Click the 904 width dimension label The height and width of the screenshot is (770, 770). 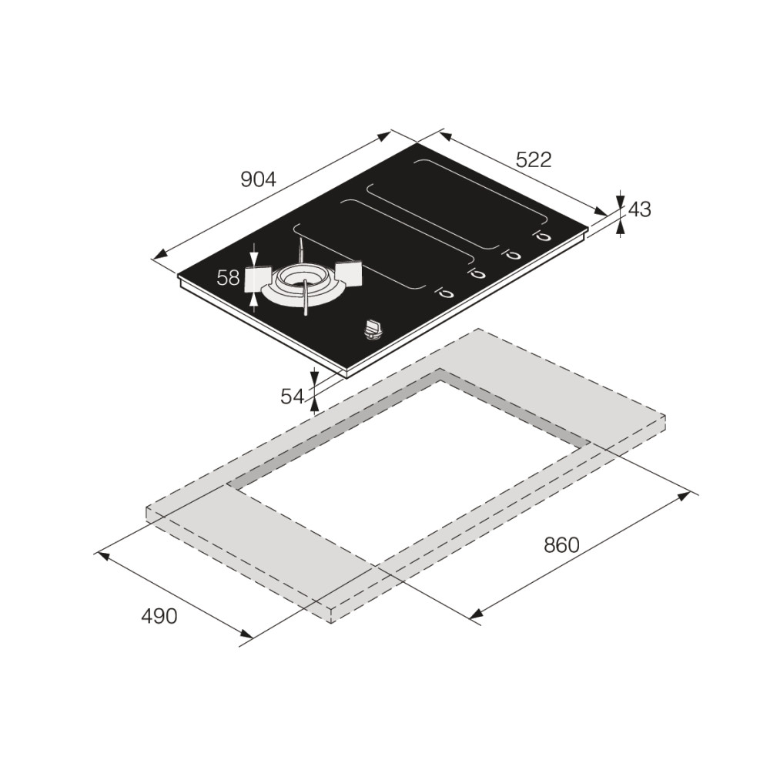click(258, 179)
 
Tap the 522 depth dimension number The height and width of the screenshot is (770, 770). click(534, 159)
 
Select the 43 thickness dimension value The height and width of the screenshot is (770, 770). click(640, 209)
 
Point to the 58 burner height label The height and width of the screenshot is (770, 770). click(229, 278)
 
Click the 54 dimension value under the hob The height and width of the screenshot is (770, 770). click(293, 397)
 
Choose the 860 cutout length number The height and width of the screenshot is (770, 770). click(562, 544)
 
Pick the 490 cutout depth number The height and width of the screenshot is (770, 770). click(159, 616)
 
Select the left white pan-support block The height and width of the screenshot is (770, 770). click(257, 280)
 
